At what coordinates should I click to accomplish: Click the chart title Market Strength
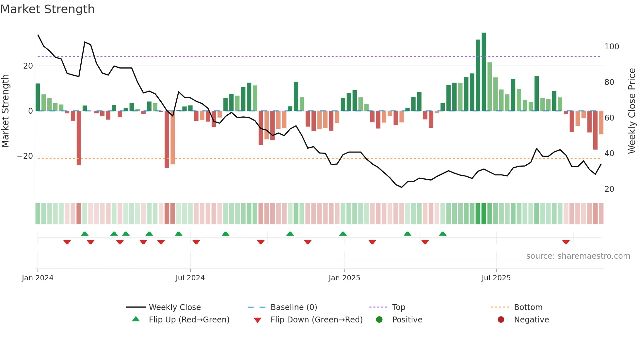pyautogui.click(x=47, y=9)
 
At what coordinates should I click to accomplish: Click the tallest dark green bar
pyautogui.click(x=484, y=72)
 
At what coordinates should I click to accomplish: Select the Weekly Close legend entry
pyautogui.click(x=174, y=307)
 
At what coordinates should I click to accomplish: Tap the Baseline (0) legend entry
pyautogui.click(x=294, y=307)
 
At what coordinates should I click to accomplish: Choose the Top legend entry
pyautogui.click(x=398, y=307)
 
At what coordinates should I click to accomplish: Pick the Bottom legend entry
pyautogui.click(x=528, y=307)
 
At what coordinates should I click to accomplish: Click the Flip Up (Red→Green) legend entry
pyautogui.click(x=189, y=319)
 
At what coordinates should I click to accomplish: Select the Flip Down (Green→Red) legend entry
pyautogui.click(x=316, y=319)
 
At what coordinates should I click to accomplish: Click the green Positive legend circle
pyautogui.click(x=379, y=319)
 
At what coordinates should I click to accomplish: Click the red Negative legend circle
pyautogui.click(x=501, y=319)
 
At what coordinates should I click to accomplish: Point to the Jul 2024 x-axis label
pyautogui.click(x=190, y=278)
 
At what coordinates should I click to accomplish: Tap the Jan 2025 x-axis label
pyautogui.click(x=344, y=278)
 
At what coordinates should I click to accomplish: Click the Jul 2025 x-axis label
pyautogui.click(x=496, y=278)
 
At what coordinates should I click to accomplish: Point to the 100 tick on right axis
pyautogui.click(x=612, y=47)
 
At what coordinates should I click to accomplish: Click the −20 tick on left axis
pyautogui.click(x=25, y=156)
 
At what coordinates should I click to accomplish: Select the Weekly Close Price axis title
pyautogui.click(x=632, y=111)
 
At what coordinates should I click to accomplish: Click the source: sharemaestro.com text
pyautogui.click(x=578, y=256)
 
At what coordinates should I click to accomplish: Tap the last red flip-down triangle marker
pyautogui.click(x=566, y=242)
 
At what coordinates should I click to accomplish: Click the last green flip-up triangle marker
pyautogui.click(x=442, y=234)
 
